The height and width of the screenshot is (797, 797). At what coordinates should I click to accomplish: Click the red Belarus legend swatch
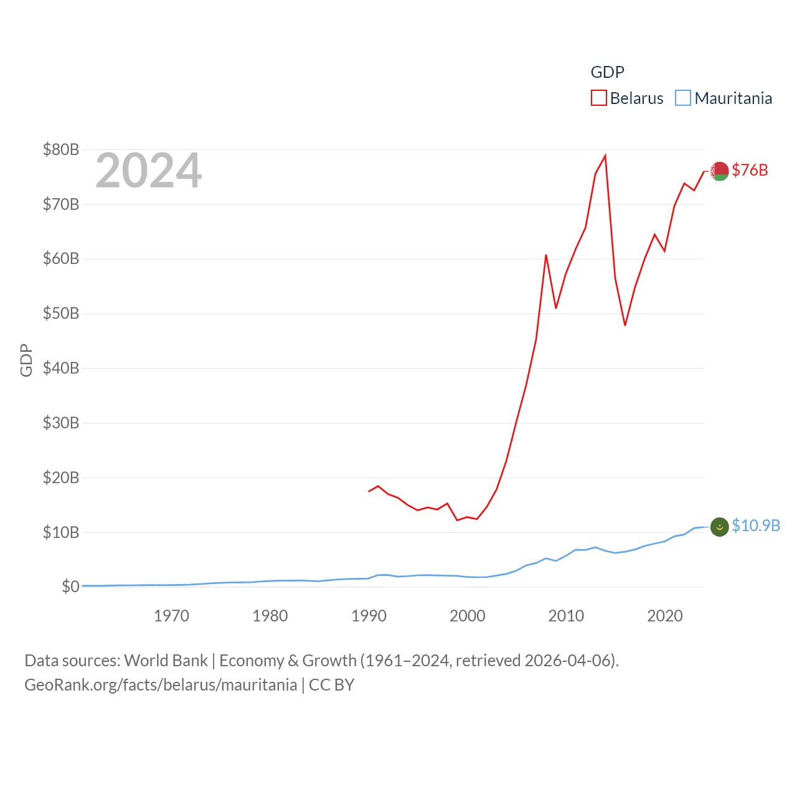(598, 98)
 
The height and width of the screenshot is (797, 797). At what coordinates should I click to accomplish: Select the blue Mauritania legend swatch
(683, 98)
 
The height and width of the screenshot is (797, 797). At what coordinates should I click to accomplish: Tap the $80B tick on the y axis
(61, 149)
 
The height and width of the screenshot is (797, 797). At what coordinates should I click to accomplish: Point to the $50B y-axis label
(61, 313)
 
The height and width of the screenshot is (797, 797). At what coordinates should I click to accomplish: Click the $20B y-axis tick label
(61, 478)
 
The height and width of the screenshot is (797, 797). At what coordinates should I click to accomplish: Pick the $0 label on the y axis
(70, 587)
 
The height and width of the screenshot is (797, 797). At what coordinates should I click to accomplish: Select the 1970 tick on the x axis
(171, 616)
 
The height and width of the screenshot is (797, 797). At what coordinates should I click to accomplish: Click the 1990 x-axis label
(369, 616)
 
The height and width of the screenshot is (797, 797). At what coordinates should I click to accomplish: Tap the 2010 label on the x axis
(566, 616)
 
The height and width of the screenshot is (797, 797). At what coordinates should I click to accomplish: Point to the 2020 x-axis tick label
(665, 616)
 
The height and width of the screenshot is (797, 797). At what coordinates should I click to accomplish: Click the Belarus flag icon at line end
(720, 171)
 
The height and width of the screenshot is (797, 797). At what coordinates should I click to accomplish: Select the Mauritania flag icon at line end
(720, 527)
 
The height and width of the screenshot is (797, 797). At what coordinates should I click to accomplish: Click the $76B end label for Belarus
(750, 170)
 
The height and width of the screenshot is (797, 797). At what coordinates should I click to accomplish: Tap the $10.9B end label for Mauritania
(756, 526)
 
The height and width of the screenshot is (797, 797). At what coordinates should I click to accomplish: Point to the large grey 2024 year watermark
(148, 171)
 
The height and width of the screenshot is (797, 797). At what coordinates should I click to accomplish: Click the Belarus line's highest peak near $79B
(605, 156)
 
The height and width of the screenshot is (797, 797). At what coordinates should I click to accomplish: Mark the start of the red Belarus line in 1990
(369, 491)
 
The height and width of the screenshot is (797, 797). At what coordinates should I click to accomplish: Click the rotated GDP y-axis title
(26, 360)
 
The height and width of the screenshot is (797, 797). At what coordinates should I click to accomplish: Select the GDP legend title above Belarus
(607, 72)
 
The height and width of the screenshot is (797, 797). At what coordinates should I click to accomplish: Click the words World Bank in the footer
(166, 660)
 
